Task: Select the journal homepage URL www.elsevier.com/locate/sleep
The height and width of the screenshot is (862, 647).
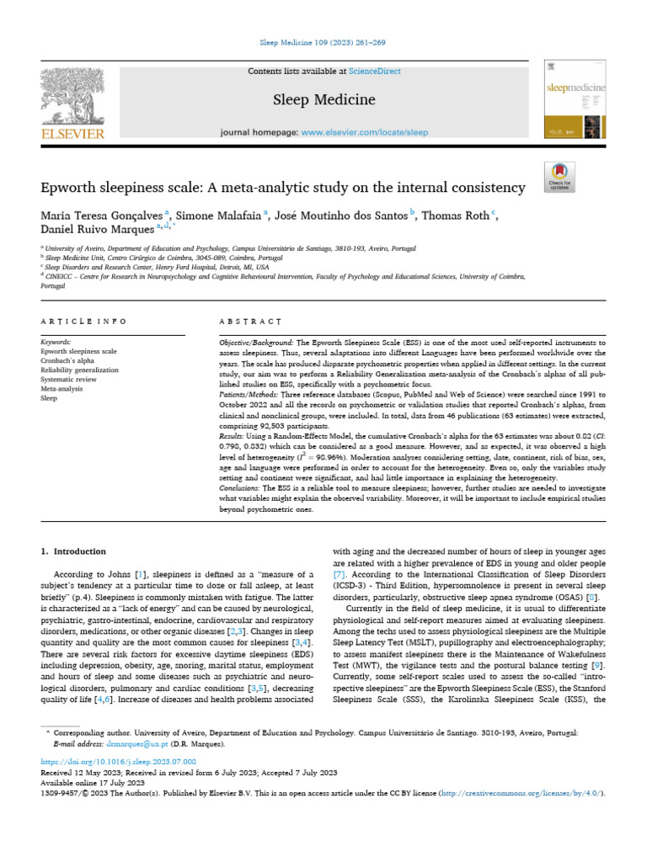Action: [x=364, y=132]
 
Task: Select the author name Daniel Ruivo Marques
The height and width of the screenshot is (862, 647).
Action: [x=100, y=229]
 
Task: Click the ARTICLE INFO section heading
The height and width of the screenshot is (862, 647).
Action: [x=83, y=322]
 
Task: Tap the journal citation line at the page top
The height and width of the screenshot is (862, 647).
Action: [x=323, y=40]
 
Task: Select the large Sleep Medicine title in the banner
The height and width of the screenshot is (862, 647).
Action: [x=323, y=100]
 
